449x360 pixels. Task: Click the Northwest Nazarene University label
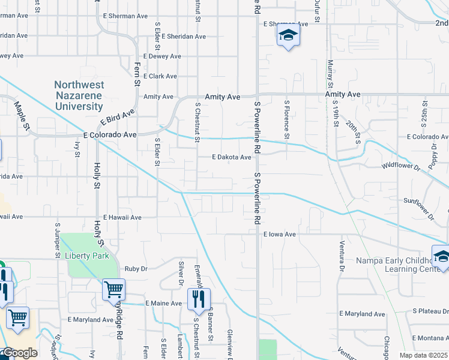pyautogui.click(x=79, y=96)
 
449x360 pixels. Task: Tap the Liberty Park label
pyautogui.click(x=87, y=256)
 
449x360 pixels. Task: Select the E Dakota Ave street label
pyautogui.click(x=231, y=157)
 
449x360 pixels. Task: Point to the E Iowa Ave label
pyautogui.click(x=280, y=235)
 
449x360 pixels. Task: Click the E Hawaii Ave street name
pyautogui.click(x=122, y=217)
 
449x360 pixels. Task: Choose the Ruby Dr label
pyautogui.click(x=136, y=269)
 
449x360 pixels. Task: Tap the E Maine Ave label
pyautogui.click(x=163, y=304)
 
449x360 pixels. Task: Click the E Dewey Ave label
pyautogui.click(x=161, y=56)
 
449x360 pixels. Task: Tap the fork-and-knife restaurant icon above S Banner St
pyautogui.click(x=199, y=298)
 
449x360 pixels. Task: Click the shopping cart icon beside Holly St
pyautogui.click(x=113, y=290)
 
